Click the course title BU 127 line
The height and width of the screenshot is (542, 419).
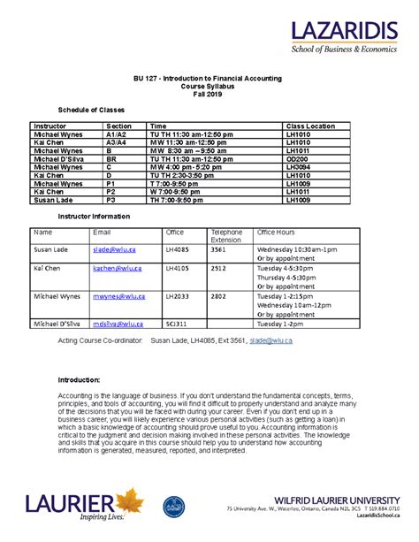209,78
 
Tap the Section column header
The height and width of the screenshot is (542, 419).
118,126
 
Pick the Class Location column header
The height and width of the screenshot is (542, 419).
310,126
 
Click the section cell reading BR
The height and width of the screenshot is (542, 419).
111,158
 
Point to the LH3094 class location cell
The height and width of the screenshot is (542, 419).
298,166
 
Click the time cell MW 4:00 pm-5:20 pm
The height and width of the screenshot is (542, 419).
187,166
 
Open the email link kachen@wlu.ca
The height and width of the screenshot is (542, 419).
115,268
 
